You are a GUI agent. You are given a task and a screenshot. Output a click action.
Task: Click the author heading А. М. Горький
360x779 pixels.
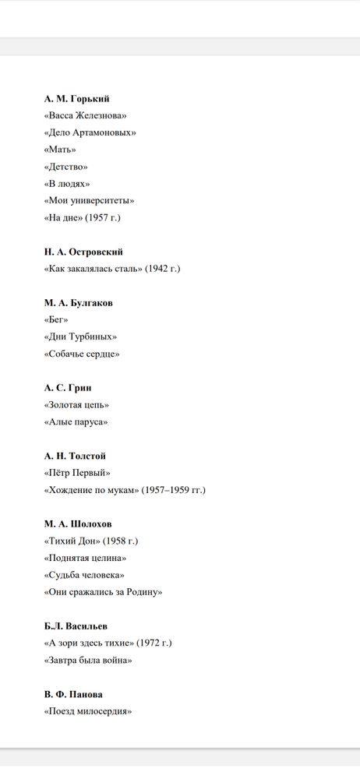[x=76, y=99]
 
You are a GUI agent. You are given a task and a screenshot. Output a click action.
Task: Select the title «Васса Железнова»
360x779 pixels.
[x=86, y=116]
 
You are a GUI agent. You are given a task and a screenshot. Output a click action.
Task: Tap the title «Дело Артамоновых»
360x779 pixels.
[x=90, y=132]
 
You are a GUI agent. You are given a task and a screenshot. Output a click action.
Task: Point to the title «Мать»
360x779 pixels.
[x=60, y=150]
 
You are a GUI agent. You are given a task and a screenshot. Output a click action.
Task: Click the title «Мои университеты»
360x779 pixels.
[x=90, y=200]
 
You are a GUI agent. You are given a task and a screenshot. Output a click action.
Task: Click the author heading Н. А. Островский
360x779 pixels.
[x=83, y=252]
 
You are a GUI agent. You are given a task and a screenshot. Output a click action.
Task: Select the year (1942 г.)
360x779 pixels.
[x=163, y=269]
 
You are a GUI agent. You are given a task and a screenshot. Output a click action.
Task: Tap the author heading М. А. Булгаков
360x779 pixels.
[x=78, y=302]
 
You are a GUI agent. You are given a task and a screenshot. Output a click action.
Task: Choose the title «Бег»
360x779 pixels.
[x=56, y=319]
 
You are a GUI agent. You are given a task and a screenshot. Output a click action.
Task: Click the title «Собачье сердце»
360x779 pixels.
[x=82, y=354]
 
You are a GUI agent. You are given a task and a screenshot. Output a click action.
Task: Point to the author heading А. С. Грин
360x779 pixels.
[x=68, y=387]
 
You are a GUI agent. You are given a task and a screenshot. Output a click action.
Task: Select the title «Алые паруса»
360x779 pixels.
[x=76, y=421]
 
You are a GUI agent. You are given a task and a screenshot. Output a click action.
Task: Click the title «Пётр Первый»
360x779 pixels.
[x=77, y=473]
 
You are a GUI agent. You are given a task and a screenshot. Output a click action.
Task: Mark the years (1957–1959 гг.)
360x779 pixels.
[x=173, y=490]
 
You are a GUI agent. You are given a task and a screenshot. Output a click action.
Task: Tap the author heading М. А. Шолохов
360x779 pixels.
[x=77, y=523]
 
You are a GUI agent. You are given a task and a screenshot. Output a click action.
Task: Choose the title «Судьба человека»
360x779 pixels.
[x=84, y=575]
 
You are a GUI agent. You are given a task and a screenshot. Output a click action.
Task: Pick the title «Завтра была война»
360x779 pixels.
[x=88, y=660]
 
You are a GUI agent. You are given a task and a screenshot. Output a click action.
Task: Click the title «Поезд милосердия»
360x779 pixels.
[x=88, y=710]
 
